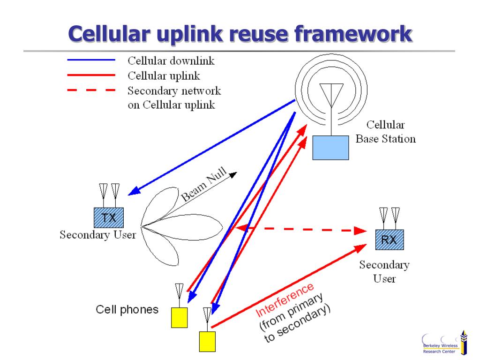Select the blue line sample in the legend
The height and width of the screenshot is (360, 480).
click(91, 60)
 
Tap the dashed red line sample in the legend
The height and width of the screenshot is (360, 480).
click(91, 90)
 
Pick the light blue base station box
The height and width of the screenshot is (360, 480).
click(331, 148)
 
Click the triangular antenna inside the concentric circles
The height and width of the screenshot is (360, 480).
click(331, 94)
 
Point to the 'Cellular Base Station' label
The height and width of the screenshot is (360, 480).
click(385, 132)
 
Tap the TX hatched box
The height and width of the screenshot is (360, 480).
click(109, 217)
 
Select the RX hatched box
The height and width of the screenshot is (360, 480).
click(389, 240)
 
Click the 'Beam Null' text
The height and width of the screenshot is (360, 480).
click(204, 186)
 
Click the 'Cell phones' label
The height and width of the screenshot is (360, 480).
click(127, 310)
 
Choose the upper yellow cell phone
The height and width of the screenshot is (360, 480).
click(179, 317)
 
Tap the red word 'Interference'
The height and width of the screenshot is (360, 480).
click(285, 300)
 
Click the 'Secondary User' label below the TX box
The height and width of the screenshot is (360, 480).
click(97, 235)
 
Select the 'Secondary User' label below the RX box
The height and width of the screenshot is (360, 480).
click(384, 272)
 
